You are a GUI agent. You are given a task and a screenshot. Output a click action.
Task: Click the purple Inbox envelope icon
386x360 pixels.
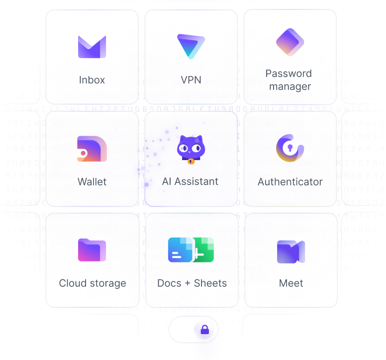[92, 47]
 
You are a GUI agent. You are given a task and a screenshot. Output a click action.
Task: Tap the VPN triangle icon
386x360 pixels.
[191, 46]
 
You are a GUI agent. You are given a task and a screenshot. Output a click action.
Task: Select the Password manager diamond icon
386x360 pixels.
[290, 42]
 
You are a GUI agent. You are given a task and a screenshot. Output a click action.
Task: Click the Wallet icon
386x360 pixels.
[92, 149]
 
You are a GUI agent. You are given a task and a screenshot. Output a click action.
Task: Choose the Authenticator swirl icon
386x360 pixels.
[290, 148]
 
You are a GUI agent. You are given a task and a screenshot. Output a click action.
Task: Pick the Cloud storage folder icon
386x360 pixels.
[92, 250]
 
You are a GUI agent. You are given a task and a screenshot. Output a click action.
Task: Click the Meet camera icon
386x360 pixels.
[290, 251]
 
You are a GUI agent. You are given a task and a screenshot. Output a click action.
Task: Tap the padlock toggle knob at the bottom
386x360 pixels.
[204, 330]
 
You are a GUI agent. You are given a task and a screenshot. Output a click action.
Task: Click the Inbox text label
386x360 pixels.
[92, 80]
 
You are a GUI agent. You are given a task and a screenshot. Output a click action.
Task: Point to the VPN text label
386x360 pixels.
[191, 80]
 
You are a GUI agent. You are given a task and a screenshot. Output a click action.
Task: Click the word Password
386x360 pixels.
[289, 74]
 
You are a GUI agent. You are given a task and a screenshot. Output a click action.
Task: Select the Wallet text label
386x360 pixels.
[92, 182]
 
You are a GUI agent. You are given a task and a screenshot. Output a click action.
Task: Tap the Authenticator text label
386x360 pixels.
[290, 182]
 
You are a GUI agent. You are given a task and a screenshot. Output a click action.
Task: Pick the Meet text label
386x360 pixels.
[291, 283]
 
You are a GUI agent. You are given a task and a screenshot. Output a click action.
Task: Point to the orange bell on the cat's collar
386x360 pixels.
[191, 161]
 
